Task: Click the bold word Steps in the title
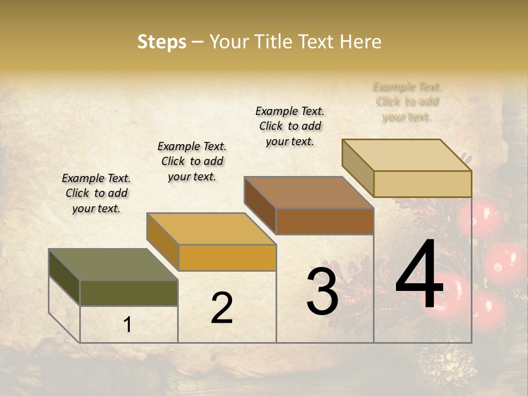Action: coord(162,42)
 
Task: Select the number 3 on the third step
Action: coord(322,291)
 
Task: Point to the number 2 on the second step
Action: coord(222,308)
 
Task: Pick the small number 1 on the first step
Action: coord(128,325)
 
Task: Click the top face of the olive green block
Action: coord(113,265)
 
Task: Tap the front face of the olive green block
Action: coord(129,293)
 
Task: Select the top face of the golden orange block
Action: coord(211,229)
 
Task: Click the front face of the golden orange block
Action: coord(227,257)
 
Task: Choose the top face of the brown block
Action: coord(309,193)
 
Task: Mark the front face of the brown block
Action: coord(324,221)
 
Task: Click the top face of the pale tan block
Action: coord(407,155)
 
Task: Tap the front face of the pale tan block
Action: coord(422,184)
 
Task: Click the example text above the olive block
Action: coord(96,193)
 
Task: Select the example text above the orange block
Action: coord(192,161)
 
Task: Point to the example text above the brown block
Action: coord(290,126)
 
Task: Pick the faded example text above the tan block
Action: coord(407,102)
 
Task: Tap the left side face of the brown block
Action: coord(260,206)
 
